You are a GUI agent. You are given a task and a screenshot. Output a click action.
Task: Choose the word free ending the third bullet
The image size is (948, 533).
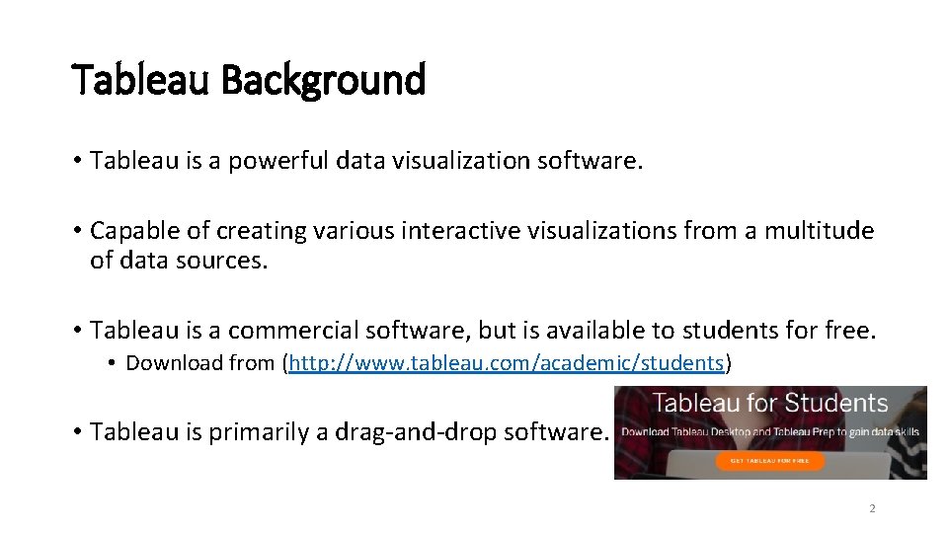point(851,330)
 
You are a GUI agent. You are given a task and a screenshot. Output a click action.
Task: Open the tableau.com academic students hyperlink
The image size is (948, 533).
point(507,363)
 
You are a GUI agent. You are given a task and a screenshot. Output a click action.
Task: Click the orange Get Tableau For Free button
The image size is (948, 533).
point(769,460)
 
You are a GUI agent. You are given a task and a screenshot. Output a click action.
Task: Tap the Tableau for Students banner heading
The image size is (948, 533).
point(770,404)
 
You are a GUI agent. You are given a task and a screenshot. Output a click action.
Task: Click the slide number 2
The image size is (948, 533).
point(872,509)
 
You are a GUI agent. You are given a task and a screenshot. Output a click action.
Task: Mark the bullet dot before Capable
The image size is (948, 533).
point(77,232)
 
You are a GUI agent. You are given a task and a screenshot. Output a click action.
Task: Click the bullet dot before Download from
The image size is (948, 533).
point(114,364)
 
